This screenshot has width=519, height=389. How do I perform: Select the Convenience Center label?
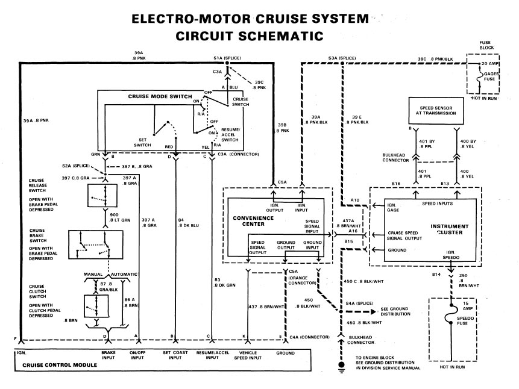point(253,220)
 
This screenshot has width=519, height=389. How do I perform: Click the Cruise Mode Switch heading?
point(160,96)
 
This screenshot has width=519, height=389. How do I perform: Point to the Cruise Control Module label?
point(60,365)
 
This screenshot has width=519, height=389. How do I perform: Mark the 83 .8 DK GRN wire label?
point(227,282)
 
